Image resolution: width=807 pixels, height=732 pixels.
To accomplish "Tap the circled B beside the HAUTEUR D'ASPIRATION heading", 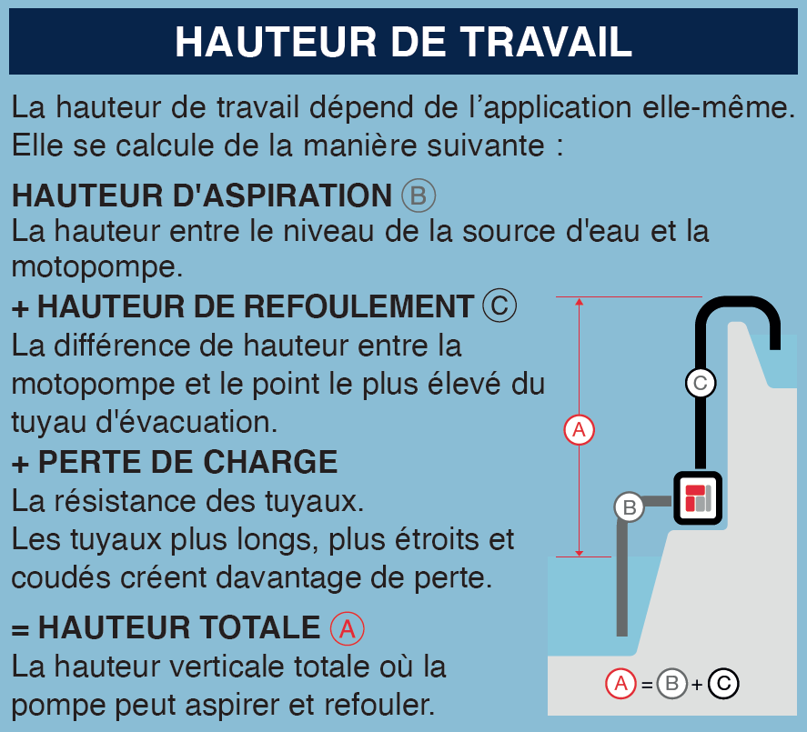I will point(419,196).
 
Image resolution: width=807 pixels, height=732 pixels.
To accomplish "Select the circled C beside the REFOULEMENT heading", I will point(499,306).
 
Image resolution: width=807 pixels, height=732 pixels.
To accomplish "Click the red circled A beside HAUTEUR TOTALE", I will point(347,627).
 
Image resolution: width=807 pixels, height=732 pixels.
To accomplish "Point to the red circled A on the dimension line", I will point(580,428).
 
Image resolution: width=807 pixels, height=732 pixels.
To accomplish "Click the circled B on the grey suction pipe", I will point(629,506).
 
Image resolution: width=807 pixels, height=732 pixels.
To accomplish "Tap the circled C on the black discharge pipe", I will point(700,383).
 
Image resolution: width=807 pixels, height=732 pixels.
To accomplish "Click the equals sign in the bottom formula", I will point(647,685).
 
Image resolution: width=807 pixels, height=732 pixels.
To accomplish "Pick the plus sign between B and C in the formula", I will point(697,685).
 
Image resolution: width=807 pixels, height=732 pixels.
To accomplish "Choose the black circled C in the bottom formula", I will point(723,684).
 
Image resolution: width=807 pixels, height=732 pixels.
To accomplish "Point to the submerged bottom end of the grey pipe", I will point(622,629).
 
